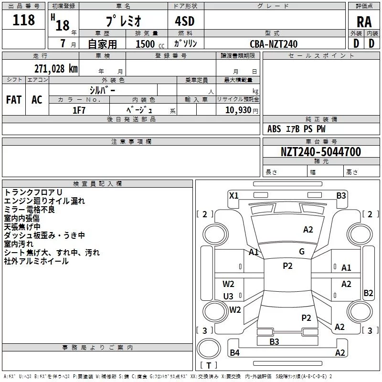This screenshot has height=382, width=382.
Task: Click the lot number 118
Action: (23, 20)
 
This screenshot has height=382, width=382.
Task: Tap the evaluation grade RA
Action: (364, 22)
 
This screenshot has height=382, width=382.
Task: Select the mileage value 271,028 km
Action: (56, 68)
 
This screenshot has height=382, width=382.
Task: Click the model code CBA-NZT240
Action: (274, 44)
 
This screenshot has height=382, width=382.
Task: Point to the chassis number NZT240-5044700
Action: (321, 152)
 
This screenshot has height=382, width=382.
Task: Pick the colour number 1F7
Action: (79, 110)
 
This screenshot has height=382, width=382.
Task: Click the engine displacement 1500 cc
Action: (150, 44)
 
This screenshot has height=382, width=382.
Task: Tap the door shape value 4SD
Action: (185, 21)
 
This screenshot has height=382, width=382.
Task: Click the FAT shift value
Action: (14, 100)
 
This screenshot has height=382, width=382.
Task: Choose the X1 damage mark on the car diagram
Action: (234, 195)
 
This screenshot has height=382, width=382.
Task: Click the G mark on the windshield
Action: (302, 252)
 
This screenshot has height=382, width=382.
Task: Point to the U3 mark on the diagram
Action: (228, 296)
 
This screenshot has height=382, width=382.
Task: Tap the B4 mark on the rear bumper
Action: (234, 352)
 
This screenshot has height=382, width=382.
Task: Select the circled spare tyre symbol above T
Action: (209, 348)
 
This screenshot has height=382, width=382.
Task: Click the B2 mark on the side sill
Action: (368, 293)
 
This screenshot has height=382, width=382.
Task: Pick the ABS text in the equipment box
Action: (274, 129)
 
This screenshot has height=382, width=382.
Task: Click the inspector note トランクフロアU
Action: (33, 192)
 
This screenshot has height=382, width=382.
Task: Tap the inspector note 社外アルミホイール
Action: (36, 261)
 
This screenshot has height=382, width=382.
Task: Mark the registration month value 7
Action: (63, 43)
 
